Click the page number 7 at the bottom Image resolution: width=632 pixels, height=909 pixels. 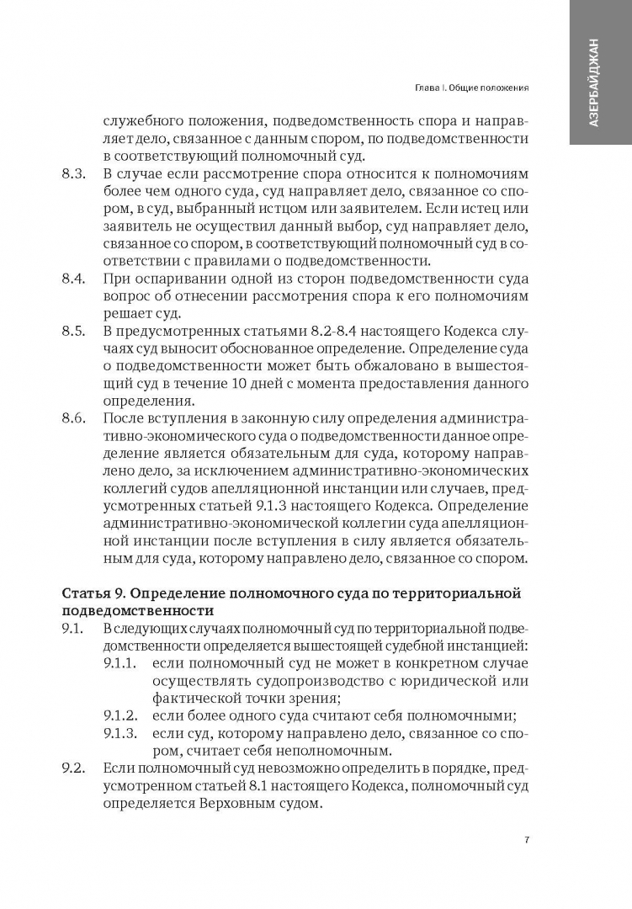pyautogui.click(x=526, y=839)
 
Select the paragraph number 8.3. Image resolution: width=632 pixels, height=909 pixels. pyautogui.click(x=75, y=174)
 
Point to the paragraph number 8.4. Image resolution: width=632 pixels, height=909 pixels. pyautogui.click(x=75, y=279)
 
